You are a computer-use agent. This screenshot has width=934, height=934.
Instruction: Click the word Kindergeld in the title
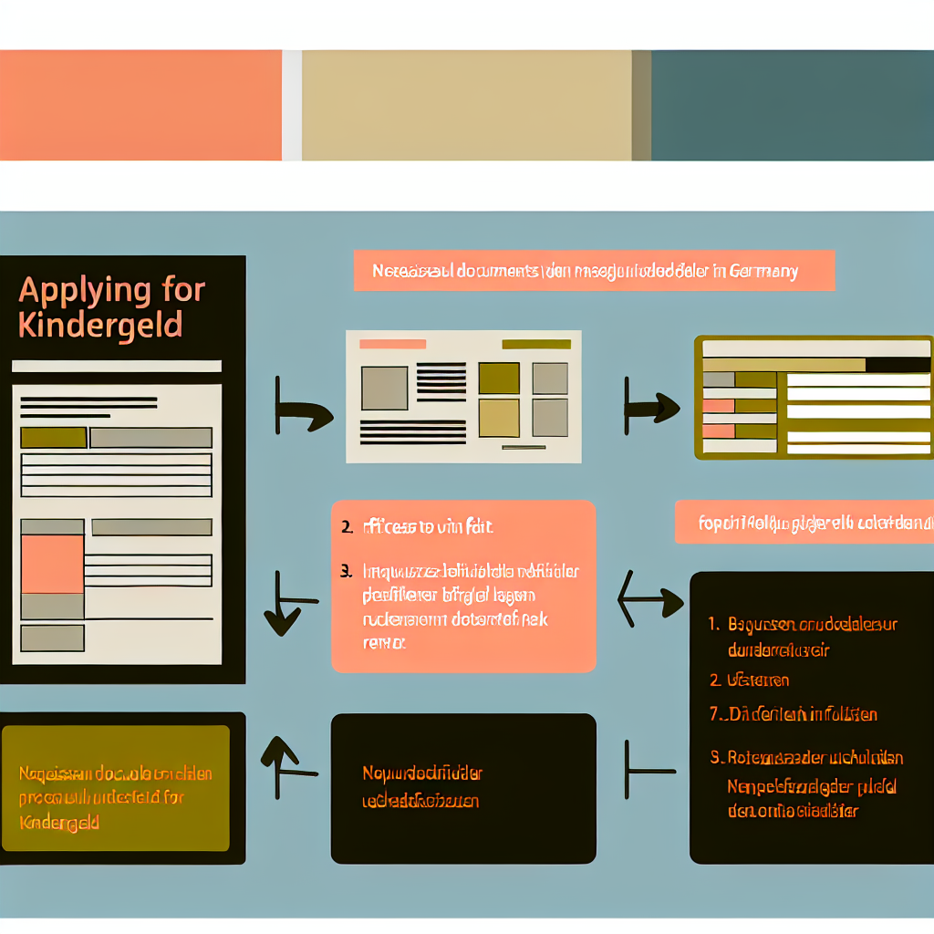(x=100, y=325)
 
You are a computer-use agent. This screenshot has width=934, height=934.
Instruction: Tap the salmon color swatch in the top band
(x=140, y=105)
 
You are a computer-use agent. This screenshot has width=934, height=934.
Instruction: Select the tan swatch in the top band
(x=465, y=105)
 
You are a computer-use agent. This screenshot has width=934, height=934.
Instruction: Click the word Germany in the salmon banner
(x=763, y=271)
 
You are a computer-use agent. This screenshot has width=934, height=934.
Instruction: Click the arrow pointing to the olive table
(x=651, y=408)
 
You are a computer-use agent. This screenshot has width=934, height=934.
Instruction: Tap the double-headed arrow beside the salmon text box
(x=650, y=600)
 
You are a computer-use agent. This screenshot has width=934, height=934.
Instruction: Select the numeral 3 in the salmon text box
(x=346, y=572)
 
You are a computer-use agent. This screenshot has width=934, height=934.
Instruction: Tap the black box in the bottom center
(x=463, y=788)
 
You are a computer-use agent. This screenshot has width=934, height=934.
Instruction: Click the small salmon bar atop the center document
(x=393, y=344)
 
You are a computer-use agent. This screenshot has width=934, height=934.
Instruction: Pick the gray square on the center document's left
(x=384, y=388)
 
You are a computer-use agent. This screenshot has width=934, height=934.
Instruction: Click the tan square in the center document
(x=499, y=418)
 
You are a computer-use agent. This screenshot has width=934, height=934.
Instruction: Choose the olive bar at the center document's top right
(x=536, y=344)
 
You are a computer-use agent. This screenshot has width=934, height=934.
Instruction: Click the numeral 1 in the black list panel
(x=713, y=625)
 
